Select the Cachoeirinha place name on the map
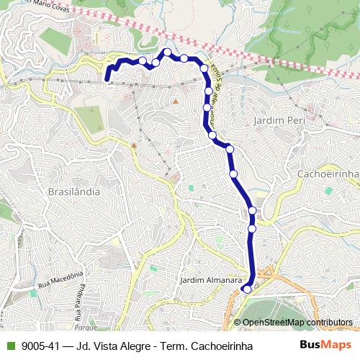coord(328,175)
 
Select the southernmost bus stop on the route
coord(246,289)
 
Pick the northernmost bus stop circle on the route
coord(167,52)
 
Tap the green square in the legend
coord(9,346)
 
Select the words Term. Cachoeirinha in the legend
coord(210,346)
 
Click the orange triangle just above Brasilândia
coord(134,145)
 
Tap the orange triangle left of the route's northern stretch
coord(174,102)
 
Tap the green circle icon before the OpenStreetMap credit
coord(237,323)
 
